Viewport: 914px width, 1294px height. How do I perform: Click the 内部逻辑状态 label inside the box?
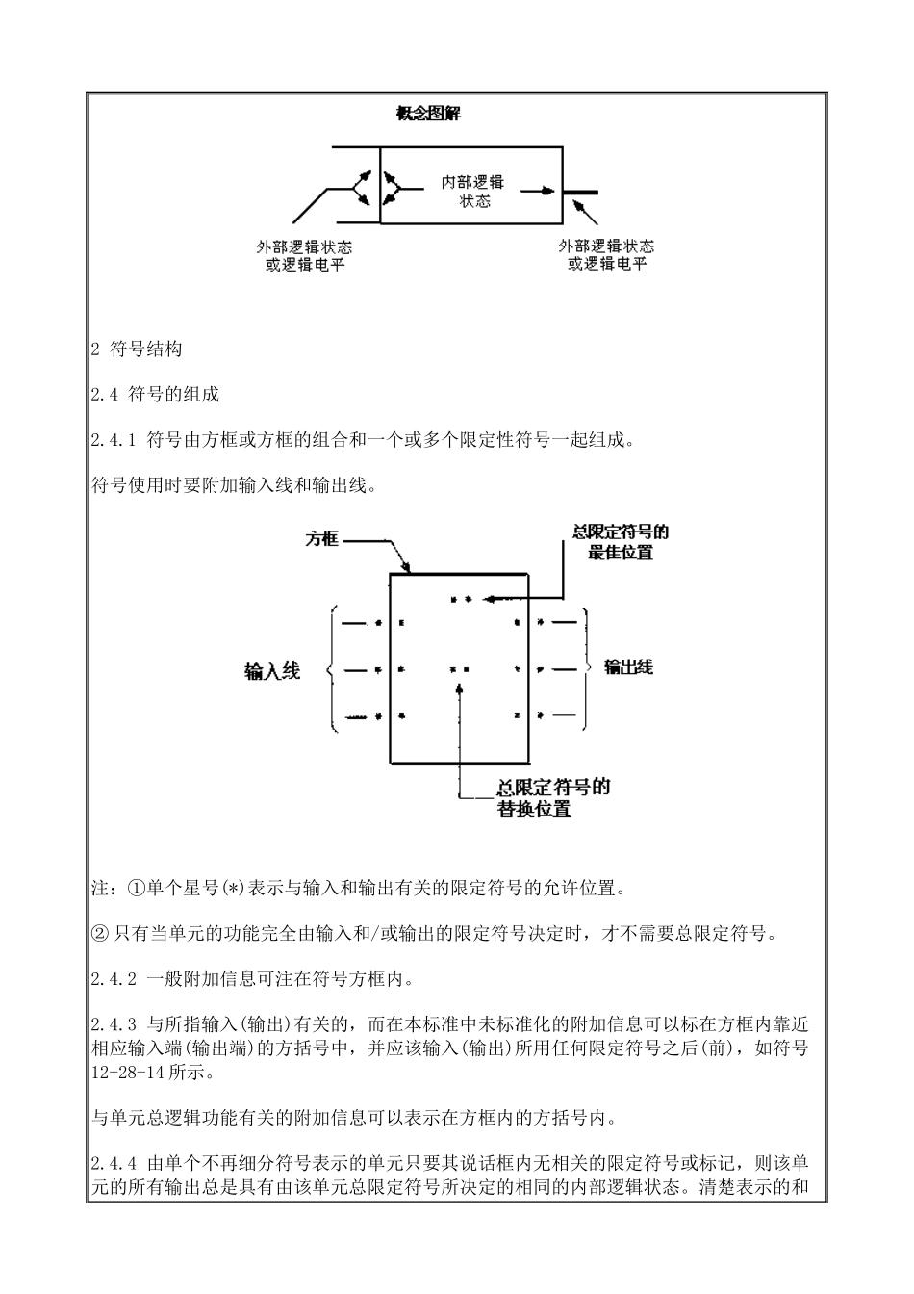[x=474, y=192]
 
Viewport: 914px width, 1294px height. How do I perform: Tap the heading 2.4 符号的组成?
[x=155, y=395]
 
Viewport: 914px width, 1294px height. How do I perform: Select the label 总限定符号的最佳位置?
[x=620, y=542]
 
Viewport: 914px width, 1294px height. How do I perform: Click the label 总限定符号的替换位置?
[x=551, y=798]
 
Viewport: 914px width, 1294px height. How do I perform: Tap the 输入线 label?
[x=272, y=671]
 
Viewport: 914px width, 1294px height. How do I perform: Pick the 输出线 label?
[x=628, y=666]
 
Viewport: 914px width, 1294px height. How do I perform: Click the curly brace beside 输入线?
[x=332, y=669]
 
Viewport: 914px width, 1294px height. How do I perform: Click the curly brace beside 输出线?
[x=588, y=667]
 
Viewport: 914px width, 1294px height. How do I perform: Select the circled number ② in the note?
[x=99, y=933]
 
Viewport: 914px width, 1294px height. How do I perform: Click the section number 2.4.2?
[x=114, y=979]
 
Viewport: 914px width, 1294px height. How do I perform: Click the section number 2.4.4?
[x=114, y=1160]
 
